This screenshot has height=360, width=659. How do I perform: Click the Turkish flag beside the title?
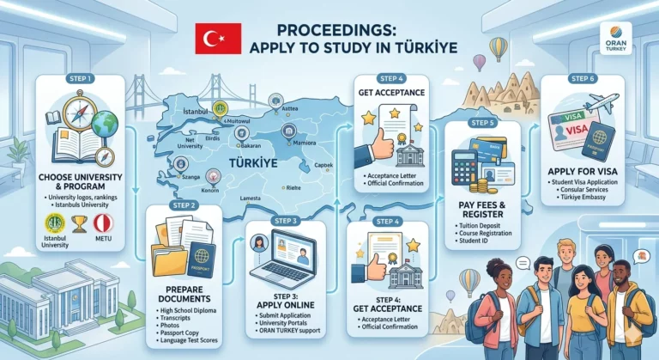click(212, 38)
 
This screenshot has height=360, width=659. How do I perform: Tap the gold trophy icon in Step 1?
click(78, 223)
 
